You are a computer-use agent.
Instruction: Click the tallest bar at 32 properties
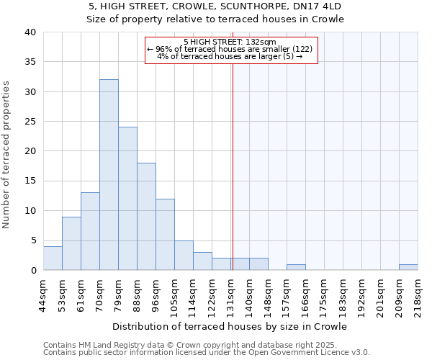109,175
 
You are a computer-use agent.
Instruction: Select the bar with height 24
127,199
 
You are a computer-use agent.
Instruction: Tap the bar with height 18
146,216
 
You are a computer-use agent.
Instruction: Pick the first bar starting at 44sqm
53,258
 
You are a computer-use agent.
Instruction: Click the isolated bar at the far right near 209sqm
408,267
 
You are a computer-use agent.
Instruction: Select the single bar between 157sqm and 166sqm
296,267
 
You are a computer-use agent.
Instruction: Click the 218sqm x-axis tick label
418,293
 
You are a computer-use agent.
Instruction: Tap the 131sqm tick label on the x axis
230,293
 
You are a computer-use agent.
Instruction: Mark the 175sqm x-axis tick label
324,293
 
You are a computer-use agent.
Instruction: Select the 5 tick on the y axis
33,240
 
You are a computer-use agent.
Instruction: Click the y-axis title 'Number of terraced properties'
7,155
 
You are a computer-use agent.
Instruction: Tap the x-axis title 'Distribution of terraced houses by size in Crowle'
230,326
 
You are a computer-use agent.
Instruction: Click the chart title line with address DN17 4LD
215,6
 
